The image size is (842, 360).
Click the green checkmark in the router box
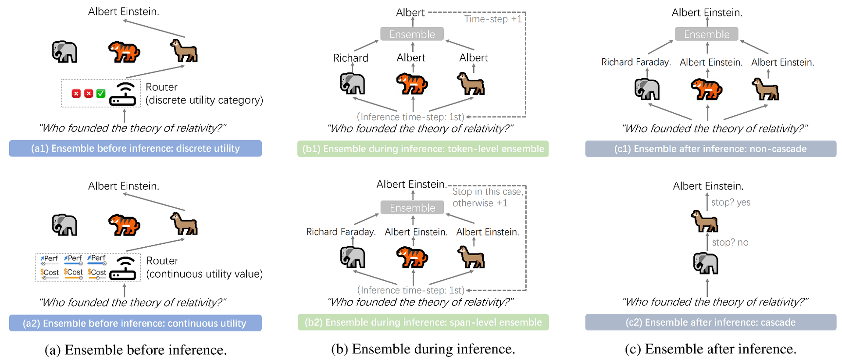coord(101,93)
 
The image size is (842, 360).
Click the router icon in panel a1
coord(123,94)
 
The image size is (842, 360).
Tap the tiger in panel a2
coord(124,225)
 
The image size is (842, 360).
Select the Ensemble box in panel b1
coord(412,34)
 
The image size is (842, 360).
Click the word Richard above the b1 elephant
coord(350,58)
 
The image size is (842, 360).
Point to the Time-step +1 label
coord(493,19)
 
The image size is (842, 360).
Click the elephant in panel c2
coord(706,263)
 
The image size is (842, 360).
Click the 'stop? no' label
coord(730,242)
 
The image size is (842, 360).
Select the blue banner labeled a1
coord(136,148)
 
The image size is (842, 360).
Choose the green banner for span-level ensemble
coord(423,322)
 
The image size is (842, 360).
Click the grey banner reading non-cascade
coord(710,149)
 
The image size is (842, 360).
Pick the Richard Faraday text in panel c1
coord(636,62)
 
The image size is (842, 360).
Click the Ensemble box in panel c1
coord(706,34)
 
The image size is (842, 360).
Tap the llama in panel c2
coord(705,221)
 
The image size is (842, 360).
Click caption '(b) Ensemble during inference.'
coord(423,349)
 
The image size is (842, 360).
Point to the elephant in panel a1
coord(64,52)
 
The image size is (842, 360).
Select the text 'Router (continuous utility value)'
coord(204,267)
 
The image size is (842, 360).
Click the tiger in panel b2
coord(412,257)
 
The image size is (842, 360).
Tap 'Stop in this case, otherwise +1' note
coord(487,197)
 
